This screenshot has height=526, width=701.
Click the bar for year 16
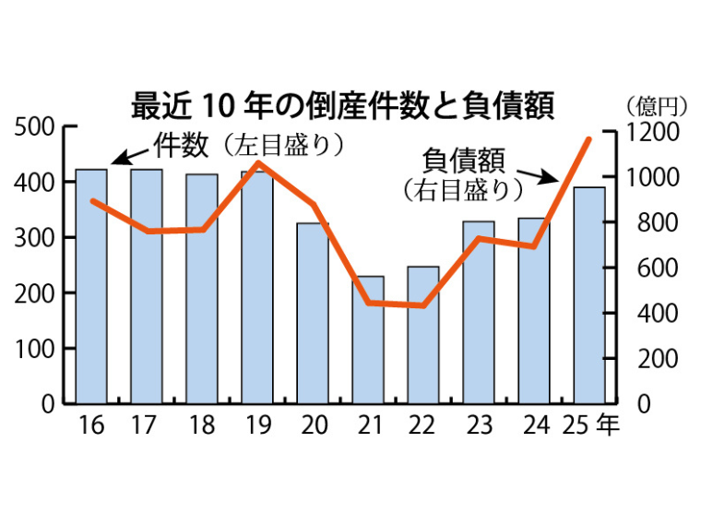tap(91, 286)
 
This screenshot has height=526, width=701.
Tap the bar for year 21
tap(368, 340)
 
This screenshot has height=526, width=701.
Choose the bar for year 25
tap(589, 295)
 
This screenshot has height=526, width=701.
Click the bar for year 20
tap(313, 314)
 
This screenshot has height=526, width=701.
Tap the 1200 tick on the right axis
tap(651, 131)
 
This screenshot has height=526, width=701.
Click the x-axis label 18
tap(202, 425)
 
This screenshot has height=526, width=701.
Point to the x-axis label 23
tap(479, 425)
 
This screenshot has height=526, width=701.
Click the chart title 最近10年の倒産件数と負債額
tap(342, 104)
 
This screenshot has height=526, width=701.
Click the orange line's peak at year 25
tap(588, 139)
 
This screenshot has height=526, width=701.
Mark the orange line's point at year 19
tap(257, 164)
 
